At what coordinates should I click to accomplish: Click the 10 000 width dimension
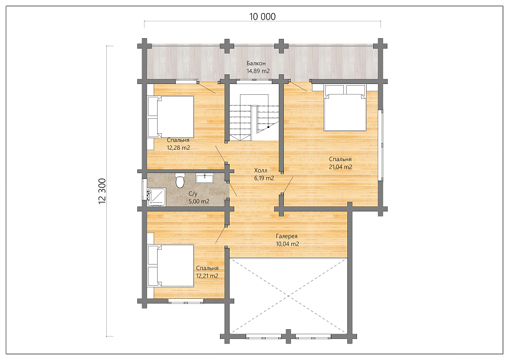click(x=262, y=17)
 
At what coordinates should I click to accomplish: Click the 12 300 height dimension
click(x=102, y=191)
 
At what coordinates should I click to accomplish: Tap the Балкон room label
click(x=256, y=63)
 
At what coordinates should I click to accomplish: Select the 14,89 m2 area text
click(x=258, y=71)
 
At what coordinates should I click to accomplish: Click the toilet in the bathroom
click(x=179, y=181)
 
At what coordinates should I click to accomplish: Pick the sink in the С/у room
click(x=204, y=178)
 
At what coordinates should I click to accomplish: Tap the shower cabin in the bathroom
click(x=157, y=197)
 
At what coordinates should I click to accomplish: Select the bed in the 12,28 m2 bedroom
click(x=171, y=117)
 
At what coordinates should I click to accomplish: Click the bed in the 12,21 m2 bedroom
click(x=171, y=266)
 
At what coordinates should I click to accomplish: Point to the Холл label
click(x=260, y=170)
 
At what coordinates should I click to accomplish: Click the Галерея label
click(x=287, y=237)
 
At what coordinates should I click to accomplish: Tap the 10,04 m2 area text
click(x=287, y=244)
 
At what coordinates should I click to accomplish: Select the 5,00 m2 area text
click(x=199, y=201)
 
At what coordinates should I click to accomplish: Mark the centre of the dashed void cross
click(x=288, y=296)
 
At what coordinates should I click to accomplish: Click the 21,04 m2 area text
click(x=340, y=167)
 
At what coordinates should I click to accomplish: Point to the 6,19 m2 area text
click(x=264, y=178)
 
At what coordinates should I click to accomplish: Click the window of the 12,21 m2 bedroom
click(x=186, y=302)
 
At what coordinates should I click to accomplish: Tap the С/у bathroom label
click(x=193, y=194)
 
